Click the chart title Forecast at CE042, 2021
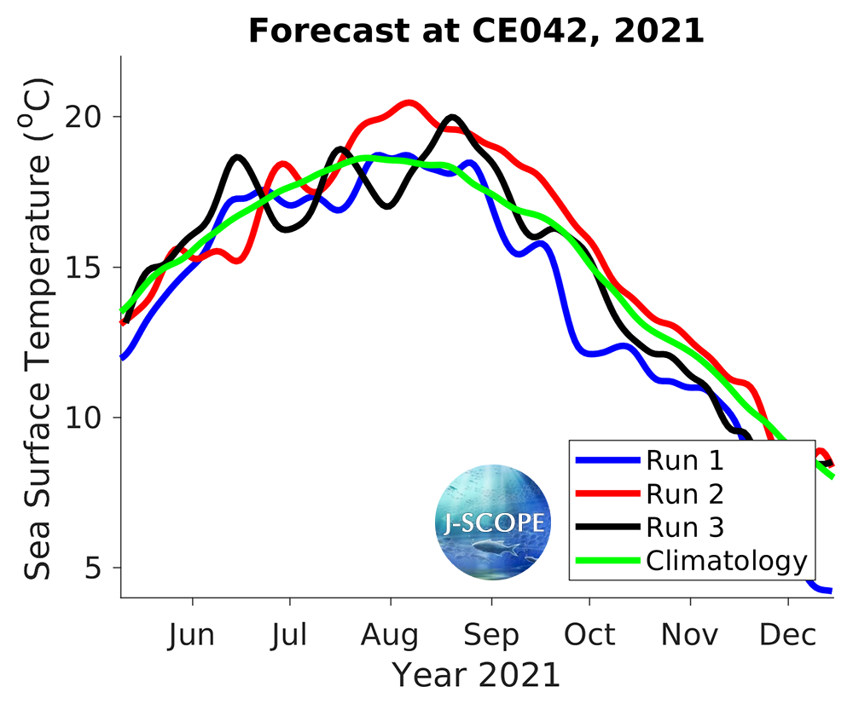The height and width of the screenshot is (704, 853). point(476,32)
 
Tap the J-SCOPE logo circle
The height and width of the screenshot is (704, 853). point(493,522)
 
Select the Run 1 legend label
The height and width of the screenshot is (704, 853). point(685,461)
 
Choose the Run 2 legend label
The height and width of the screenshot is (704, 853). point(685,494)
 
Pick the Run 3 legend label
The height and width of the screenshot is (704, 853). point(685,528)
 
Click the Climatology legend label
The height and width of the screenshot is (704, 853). point(726,561)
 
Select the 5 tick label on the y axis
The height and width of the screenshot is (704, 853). point(103,568)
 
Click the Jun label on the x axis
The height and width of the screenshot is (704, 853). point(193,635)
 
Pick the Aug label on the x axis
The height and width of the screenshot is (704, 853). point(391,635)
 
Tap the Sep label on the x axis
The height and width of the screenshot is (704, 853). point(491,635)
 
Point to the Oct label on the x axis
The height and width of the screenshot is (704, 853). point(589,635)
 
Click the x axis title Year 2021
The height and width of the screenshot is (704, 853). point(476,675)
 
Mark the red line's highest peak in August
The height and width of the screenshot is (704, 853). point(409,103)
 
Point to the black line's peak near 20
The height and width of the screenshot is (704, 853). point(452,117)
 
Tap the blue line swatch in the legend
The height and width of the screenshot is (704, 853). point(607,461)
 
